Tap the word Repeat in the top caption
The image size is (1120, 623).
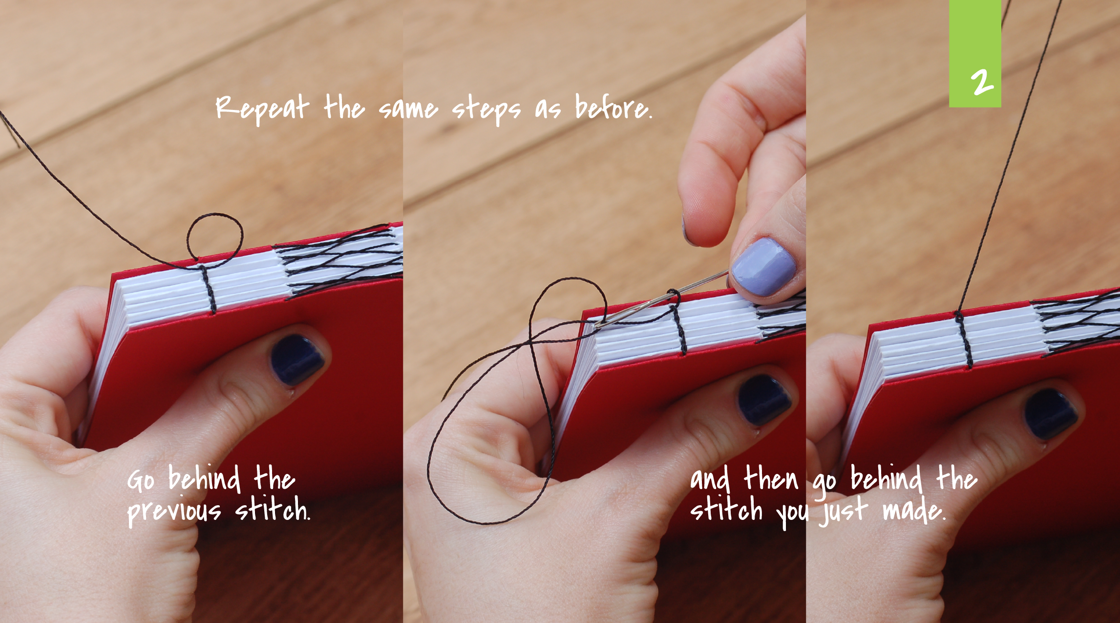pyautogui.click(x=262, y=108)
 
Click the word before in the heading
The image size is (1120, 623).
pyautogui.click(x=613, y=107)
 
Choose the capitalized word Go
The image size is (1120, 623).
pyautogui.click(x=141, y=480)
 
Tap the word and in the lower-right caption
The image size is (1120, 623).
pyautogui.click(x=710, y=479)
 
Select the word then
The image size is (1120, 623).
pyautogui.click(x=771, y=478)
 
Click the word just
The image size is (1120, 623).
pyautogui.click(x=843, y=511)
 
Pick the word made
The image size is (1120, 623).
pyautogui.click(x=914, y=510)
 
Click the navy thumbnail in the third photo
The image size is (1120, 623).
pyautogui.click(x=1051, y=413)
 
